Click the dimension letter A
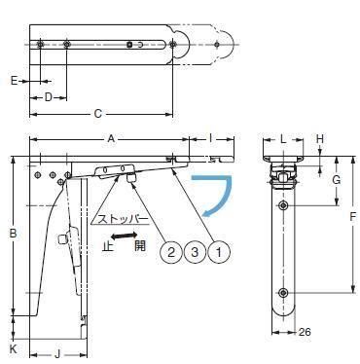111,139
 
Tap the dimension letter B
13,233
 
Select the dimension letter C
97,114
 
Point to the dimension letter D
49,97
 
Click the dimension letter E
14,80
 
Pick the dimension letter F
353,216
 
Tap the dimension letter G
337,180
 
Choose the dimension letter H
320,139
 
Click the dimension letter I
210,139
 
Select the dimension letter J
57,354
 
